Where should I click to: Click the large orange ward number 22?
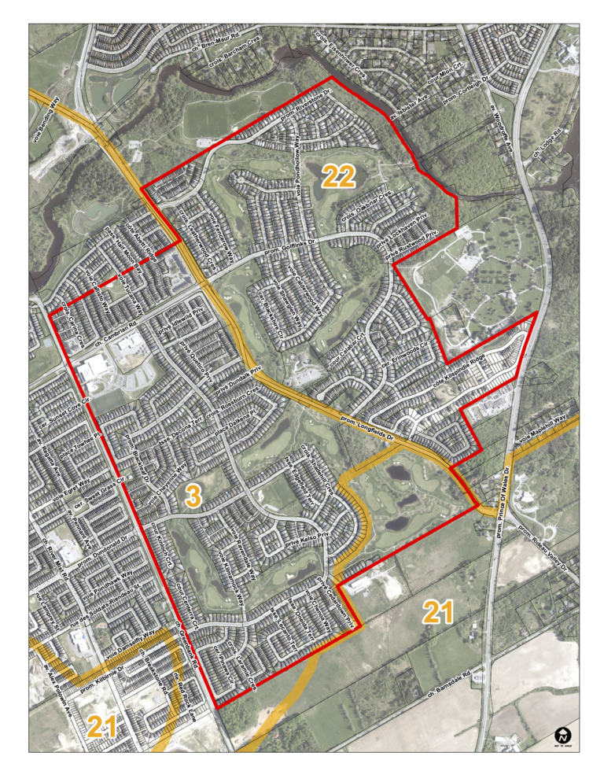tap(339, 177)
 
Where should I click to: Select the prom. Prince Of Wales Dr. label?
tap(504, 504)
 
